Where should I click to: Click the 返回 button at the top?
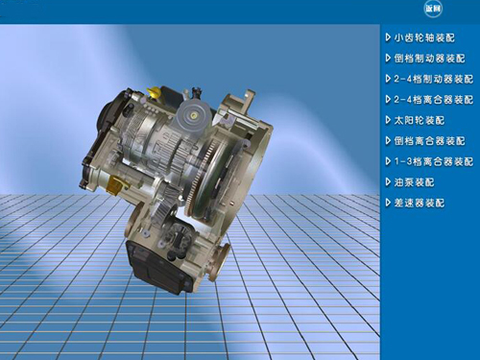coord(433,9)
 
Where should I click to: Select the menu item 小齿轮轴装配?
coord(424,37)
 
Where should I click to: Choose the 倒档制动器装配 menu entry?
coord(429,59)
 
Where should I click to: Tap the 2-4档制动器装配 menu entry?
coord(433,79)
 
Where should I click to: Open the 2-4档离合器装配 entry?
coord(433,100)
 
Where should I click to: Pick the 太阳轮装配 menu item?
coord(420,120)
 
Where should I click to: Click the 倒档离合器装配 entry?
coord(429,141)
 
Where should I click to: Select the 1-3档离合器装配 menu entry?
coord(433,161)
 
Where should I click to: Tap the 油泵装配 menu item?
coord(414,182)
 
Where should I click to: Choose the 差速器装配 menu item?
coord(420,203)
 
